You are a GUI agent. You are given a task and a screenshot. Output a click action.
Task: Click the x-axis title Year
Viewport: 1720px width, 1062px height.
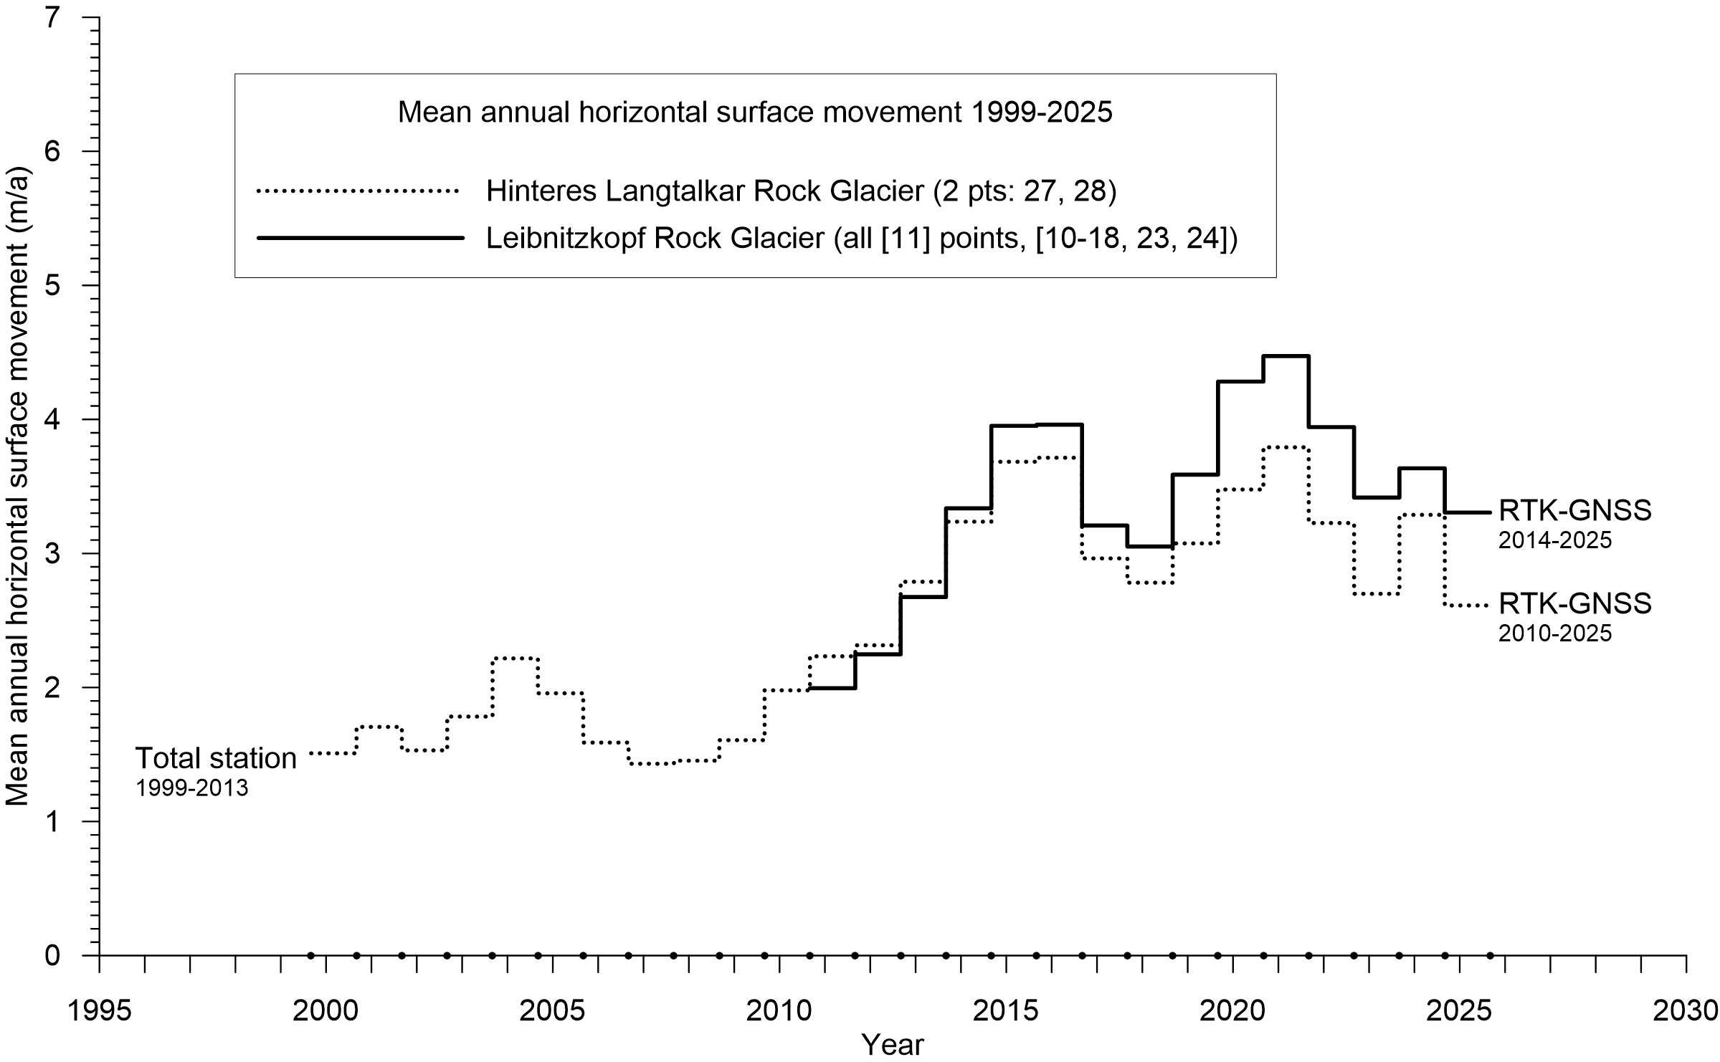coord(893,1046)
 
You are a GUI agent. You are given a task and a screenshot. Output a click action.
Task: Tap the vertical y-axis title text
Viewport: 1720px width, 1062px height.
coord(18,487)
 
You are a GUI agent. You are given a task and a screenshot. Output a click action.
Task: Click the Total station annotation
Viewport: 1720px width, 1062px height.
coord(216,758)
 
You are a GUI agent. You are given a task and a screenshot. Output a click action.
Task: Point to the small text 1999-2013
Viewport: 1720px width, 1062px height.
coord(192,789)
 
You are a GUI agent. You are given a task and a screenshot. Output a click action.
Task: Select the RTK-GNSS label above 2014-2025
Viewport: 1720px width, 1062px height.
coord(1575,510)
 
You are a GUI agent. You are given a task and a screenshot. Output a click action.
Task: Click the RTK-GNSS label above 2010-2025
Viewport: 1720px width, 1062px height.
coord(1575,603)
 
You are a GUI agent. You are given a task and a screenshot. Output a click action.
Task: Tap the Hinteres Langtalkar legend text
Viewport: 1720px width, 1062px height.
coord(801,191)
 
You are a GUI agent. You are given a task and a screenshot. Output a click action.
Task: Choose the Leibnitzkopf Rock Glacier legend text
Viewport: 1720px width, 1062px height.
coord(862,238)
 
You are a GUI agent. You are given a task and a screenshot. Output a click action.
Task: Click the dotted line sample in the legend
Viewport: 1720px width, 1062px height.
coord(357,191)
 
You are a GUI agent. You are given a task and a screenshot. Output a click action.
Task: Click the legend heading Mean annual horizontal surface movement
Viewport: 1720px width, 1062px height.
coord(755,113)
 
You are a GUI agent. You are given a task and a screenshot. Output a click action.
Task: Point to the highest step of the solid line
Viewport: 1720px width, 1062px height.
coord(1286,356)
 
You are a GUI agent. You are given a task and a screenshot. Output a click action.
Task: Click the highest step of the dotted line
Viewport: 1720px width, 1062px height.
coord(1286,447)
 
